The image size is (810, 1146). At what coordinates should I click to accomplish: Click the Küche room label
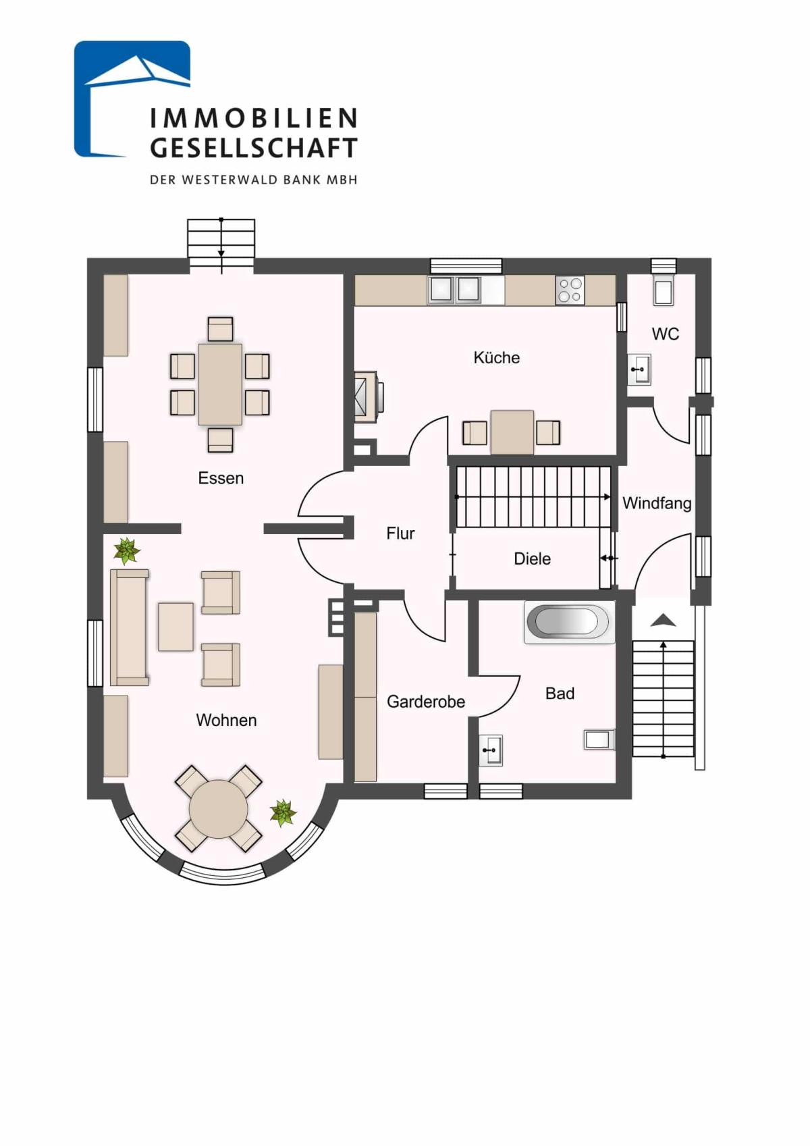tap(497, 357)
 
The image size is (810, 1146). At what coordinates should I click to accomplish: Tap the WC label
tap(666, 334)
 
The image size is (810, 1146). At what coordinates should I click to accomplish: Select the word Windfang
tap(657, 503)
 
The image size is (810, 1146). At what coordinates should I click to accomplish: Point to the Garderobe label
tap(425, 702)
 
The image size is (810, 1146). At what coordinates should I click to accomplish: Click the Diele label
tap(532, 558)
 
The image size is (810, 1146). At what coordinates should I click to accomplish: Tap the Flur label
tap(400, 533)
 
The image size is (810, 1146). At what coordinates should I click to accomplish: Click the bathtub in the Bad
tap(568, 622)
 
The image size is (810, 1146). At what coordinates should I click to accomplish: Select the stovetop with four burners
tap(570, 290)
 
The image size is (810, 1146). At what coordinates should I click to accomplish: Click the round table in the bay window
tap(218, 809)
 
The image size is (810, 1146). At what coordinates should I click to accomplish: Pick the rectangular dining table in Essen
tap(221, 384)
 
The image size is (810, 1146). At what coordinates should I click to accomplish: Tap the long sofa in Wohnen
tap(130, 627)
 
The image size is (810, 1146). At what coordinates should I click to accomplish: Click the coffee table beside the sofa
tap(175, 627)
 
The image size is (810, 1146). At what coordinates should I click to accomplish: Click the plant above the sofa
tap(126, 550)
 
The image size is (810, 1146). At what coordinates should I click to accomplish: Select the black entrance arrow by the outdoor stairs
tap(664, 621)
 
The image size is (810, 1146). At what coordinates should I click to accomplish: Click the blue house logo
tap(132, 99)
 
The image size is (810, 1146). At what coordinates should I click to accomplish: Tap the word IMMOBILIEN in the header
tap(254, 118)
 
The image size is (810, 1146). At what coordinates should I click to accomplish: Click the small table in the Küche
tap(512, 432)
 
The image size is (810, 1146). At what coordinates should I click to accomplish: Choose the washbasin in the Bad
tap(491, 750)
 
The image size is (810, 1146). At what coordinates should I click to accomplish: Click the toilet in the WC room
tap(664, 290)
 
